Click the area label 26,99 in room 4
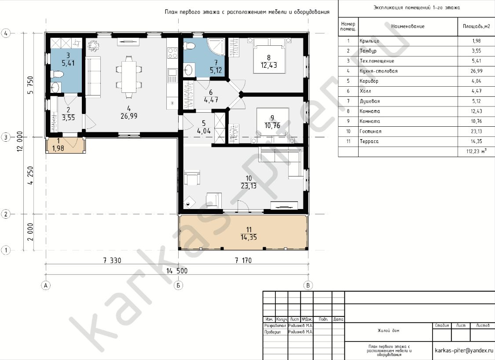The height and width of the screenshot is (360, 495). pos(129,116)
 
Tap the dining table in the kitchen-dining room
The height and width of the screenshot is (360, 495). pos(129,77)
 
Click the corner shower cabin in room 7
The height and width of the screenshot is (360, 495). pos(216,47)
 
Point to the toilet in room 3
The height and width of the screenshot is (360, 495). pos(57,74)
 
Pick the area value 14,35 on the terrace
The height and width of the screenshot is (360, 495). pos(249,237)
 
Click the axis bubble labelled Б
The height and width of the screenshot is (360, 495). pos(178,286)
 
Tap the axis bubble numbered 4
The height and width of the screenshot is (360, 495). pos(6,33)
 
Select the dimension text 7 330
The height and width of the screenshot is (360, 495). pos(112,261)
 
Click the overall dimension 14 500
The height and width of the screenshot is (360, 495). pos(177,271)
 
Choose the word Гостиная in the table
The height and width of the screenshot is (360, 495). pos(370,131)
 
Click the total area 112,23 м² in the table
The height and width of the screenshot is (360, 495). pos(477,151)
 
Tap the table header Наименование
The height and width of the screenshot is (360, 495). pos(408,26)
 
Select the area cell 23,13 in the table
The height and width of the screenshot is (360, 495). pos(477,131)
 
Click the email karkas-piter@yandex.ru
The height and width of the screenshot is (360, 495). pos(464,350)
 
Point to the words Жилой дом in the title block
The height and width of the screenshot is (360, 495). pos(388,331)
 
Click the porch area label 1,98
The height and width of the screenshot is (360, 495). pos(58,148)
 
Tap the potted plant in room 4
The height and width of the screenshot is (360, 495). pos(93,45)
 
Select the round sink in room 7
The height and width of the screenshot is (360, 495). pos(189,70)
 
